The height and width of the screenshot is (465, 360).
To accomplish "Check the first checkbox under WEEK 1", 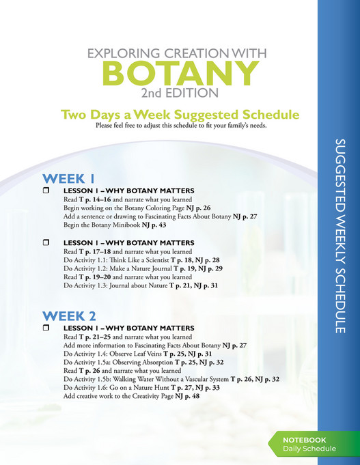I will [46, 189].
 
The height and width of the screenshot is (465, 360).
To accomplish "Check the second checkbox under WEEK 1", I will [46, 242].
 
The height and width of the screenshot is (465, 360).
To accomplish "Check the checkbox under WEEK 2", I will [46, 328].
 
